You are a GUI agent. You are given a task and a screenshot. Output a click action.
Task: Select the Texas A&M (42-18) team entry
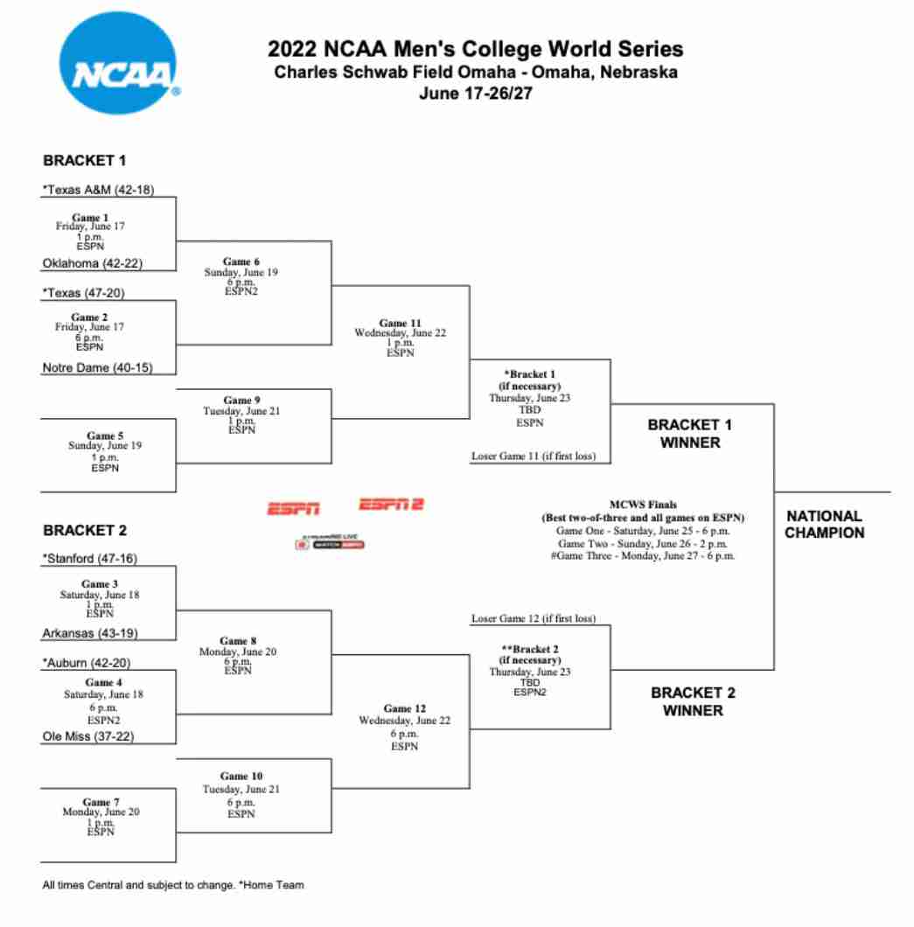[x=98, y=190]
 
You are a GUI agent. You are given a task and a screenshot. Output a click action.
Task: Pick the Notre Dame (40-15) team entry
[x=97, y=368]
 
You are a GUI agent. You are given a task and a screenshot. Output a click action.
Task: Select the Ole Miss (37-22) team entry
[x=94, y=736]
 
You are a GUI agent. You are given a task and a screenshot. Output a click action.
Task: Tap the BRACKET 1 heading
[x=86, y=161]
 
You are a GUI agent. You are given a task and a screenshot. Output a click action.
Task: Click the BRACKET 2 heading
[x=86, y=530]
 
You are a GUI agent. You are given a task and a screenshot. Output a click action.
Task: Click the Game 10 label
[x=241, y=776]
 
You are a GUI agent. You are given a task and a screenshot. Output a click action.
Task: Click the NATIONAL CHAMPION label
[x=824, y=524]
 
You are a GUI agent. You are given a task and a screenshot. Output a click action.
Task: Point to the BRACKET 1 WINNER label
[x=690, y=433]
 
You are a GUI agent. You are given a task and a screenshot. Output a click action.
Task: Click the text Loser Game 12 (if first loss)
[x=534, y=618]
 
